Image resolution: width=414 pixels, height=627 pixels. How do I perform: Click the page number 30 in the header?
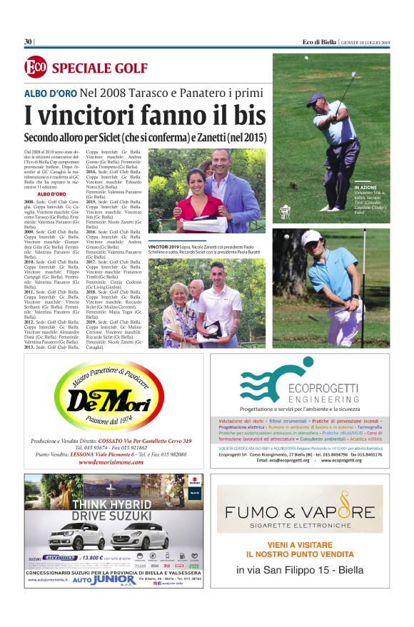29,41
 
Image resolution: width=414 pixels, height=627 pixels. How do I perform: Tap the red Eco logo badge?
36,68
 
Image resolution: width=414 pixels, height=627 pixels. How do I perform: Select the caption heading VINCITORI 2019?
166,245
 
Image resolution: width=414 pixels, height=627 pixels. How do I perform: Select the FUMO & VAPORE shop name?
299,511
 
